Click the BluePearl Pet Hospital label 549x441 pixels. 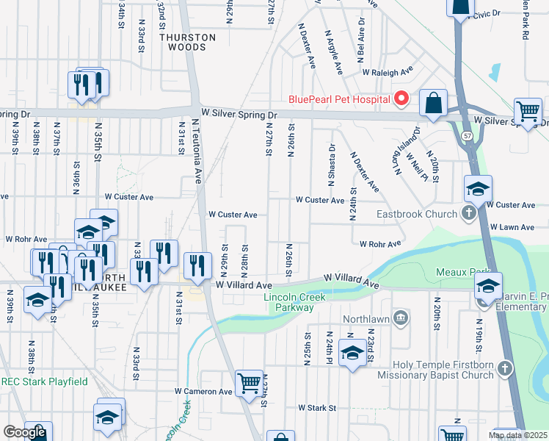point(338,98)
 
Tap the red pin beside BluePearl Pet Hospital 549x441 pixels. point(401,98)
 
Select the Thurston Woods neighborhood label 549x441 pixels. point(188,42)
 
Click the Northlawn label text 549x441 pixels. point(365,317)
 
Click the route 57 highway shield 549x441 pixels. point(467,137)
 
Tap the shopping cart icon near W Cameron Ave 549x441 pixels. point(249,383)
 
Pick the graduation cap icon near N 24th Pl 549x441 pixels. point(352,355)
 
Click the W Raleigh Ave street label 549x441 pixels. point(388,73)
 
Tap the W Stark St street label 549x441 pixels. point(316,407)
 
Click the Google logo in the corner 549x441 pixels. point(24,432)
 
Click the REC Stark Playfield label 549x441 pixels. point(44,381)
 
